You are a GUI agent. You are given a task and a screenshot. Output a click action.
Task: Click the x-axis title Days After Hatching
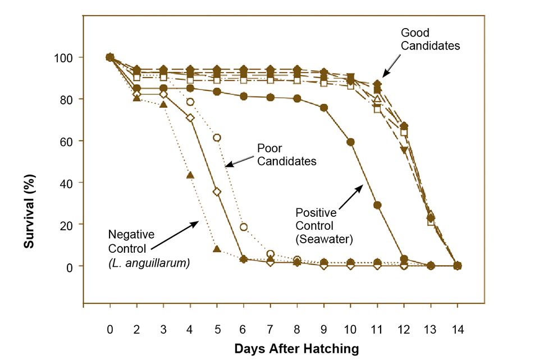296,348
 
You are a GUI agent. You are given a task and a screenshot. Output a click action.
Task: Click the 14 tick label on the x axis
457,330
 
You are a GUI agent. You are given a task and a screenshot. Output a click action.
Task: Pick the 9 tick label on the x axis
323,330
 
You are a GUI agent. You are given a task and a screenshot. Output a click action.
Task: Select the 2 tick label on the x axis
136,330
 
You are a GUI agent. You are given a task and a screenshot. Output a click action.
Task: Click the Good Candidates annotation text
430,39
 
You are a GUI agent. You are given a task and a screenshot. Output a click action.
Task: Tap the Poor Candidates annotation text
286,154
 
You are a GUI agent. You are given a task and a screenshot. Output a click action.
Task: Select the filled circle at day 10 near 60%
350,142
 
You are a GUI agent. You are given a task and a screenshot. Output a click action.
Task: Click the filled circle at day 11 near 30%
377,205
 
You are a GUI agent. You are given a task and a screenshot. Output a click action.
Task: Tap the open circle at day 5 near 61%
217,138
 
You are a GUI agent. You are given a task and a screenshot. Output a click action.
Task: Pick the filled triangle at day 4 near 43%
190,175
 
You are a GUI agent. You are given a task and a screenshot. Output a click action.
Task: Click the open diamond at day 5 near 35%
217,192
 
